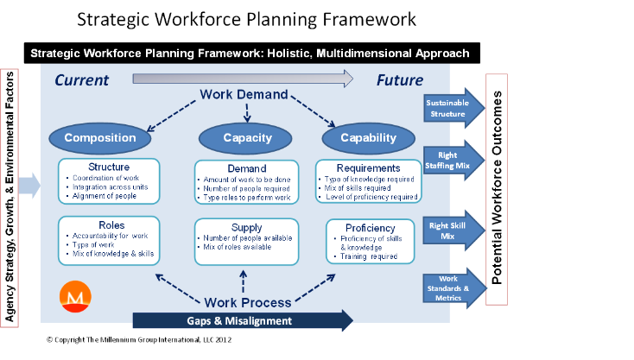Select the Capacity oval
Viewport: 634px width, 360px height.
coord(249,137)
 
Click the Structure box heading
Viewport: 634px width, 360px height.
coord(109,167)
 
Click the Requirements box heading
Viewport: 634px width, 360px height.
coord(369,168)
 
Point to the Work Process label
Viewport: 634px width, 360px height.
coord(246,303)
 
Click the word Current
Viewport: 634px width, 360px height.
coord(82,81)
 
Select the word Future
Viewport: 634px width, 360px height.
coord(399,81)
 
